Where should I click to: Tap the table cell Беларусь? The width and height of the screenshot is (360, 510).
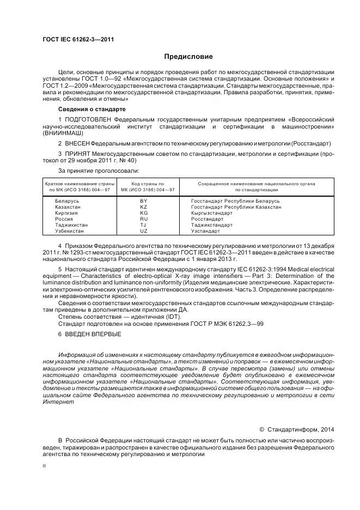coord(67,201)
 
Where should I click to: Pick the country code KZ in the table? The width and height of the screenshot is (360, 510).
coord(144,207)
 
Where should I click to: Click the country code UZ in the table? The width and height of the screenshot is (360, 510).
coord(144,231)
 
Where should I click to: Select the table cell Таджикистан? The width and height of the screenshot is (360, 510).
coord(71,225)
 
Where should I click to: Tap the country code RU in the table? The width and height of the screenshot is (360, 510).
coord(144,219)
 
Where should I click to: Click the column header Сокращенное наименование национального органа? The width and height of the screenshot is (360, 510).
coord(256,184)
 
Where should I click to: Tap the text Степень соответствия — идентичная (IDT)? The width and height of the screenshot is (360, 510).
coord(106,316)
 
